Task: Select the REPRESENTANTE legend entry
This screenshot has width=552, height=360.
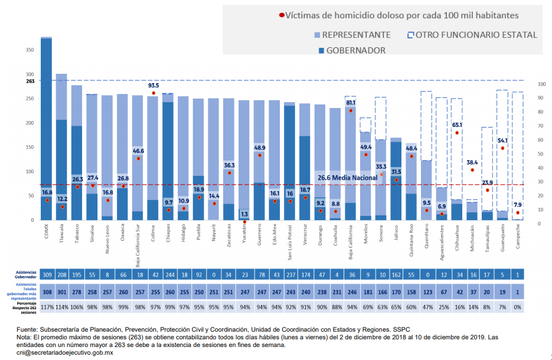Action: point(356,35)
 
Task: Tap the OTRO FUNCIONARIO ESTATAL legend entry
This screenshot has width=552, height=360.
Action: point(476,35)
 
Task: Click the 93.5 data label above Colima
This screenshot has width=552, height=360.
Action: point(153,86)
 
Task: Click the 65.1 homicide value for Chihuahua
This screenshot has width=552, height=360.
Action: point(457,125)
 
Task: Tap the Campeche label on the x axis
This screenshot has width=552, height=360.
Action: point(518,232)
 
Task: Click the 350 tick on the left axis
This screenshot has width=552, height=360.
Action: point(30,50)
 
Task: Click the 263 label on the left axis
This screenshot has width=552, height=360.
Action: point(30,81)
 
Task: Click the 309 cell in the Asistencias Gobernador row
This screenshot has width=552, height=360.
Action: point(47,275)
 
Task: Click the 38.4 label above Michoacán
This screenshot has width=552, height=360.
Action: point(472,162)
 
